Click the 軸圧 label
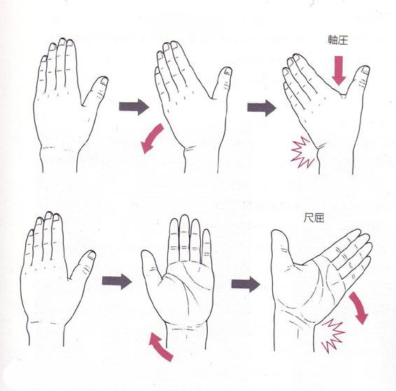[338, 40]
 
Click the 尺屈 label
[313, 218]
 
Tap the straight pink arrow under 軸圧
[339, 71]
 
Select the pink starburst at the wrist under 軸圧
[304, 152]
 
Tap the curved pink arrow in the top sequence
[152, 138]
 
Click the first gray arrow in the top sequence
[134, 107]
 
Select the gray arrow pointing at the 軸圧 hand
[262, 108]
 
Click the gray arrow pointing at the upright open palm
[117, 281]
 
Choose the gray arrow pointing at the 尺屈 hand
[246, 284]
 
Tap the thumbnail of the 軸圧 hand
[365, 70]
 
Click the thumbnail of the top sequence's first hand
[104, 81]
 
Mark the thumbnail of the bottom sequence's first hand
[92, 256]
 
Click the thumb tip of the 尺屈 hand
[277, 231]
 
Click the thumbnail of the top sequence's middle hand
[227, 71]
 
